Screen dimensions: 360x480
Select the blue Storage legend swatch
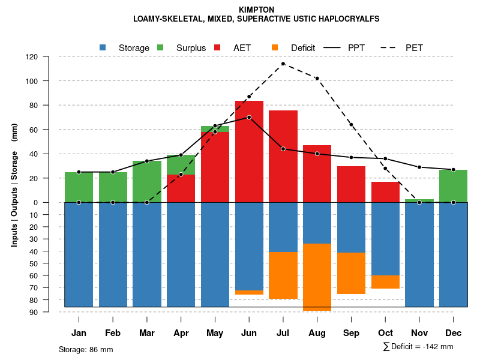coord(103,47)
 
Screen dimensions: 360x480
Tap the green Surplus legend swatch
coord(160,47)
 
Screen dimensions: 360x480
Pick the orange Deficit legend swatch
coord(275,47)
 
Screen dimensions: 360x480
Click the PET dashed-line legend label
coord(414,47)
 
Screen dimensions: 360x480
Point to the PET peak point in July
coord(283,64)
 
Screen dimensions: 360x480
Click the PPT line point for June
coord(249,117)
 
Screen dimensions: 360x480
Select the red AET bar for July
coord(283,156)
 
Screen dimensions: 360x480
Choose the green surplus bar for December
coord(453,186)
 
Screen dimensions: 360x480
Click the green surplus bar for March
coord(147,182)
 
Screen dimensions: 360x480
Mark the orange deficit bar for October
coord(385,282)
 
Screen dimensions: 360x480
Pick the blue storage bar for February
coord(113,254)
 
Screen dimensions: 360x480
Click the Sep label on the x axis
coord(351,333)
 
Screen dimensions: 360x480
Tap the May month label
coord(215,333)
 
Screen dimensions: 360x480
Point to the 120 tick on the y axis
coord(49,57)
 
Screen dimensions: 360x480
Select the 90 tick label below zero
coord(50,312)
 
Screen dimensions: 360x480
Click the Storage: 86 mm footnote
coord(86,349)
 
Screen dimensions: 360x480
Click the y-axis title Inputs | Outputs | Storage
coord(14,185)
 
